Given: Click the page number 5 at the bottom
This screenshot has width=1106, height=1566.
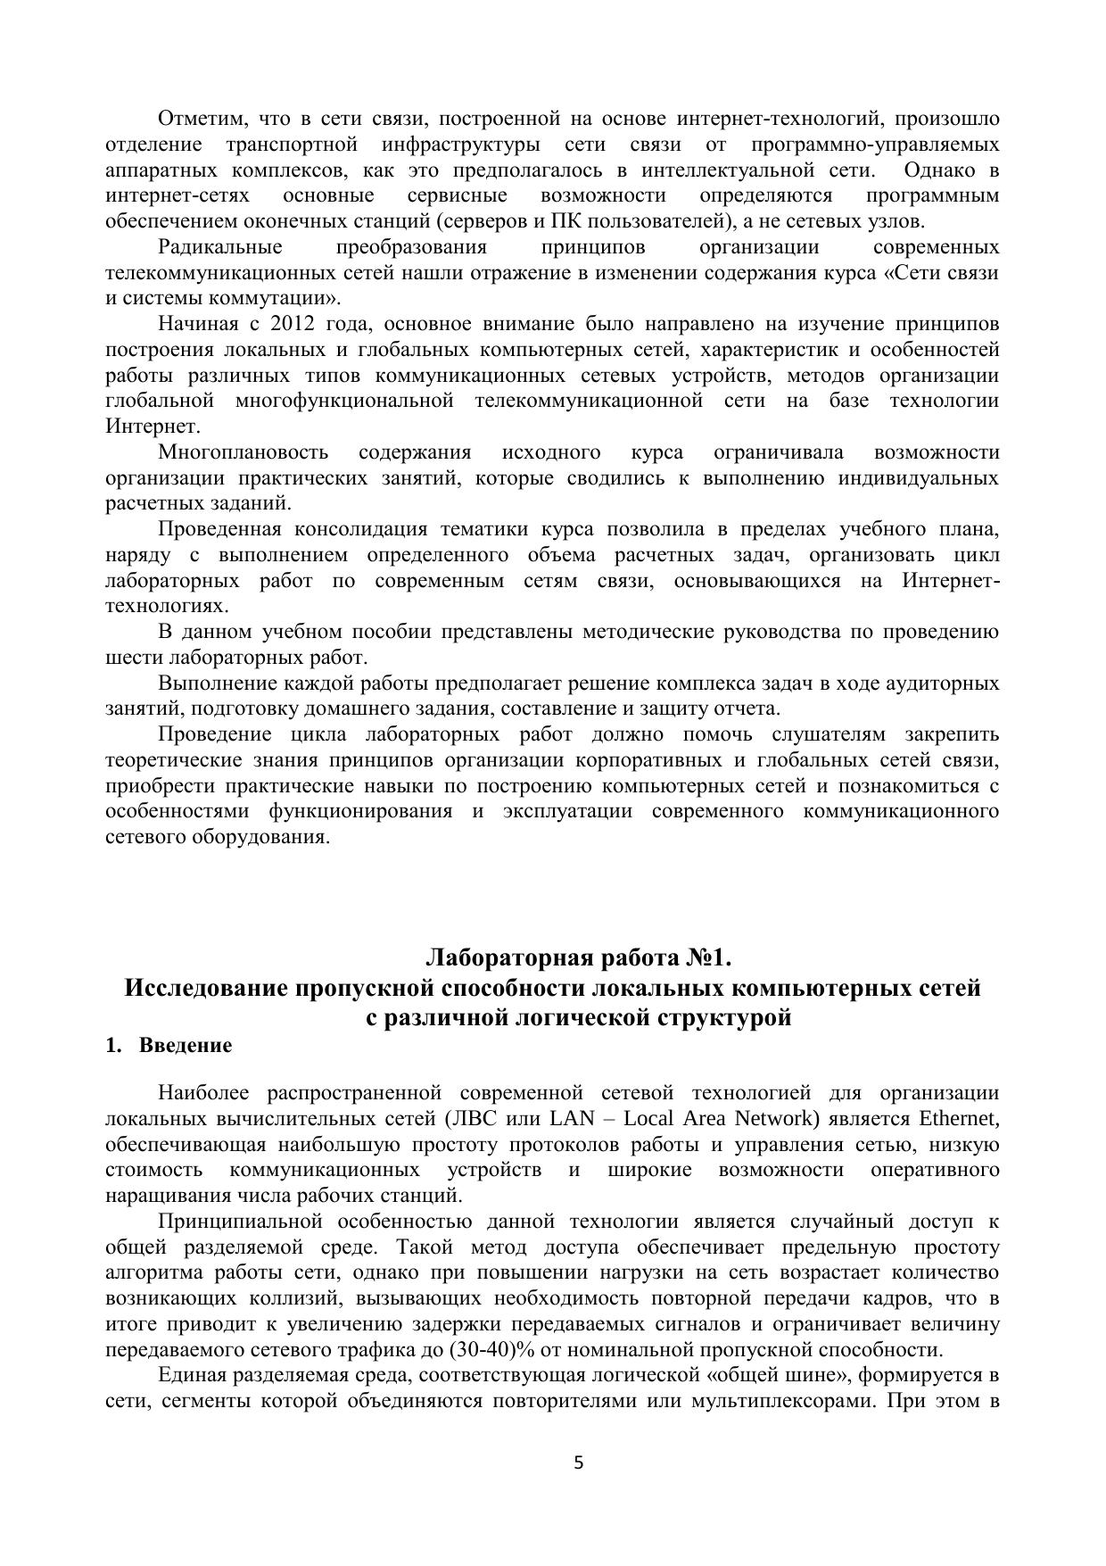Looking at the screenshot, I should coord(578,1462).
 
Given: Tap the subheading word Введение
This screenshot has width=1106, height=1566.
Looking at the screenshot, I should coord(185,1046).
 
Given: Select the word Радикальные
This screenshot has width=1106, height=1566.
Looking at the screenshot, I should coord(219,246).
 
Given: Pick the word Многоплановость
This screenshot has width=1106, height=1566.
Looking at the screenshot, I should coord(243,452).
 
